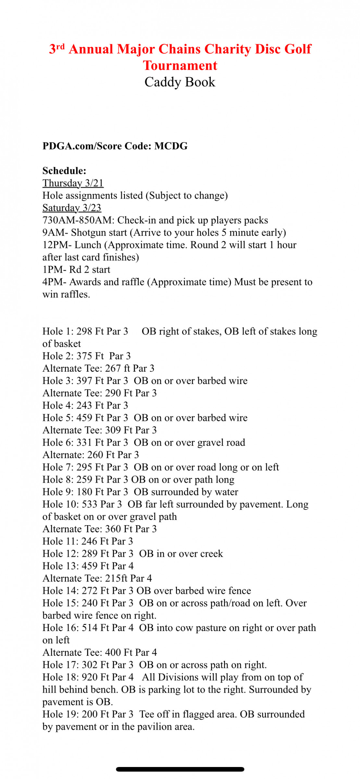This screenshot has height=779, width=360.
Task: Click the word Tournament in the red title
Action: pos(180,66)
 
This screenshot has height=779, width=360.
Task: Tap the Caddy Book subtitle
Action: pos(180,82)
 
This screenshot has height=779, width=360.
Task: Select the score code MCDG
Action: pos(171,146)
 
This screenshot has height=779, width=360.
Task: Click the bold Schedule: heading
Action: pos(64,171)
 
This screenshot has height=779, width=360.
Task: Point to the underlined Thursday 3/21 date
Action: pos(73,183)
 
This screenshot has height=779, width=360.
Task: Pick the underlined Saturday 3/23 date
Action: pos(72,208)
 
